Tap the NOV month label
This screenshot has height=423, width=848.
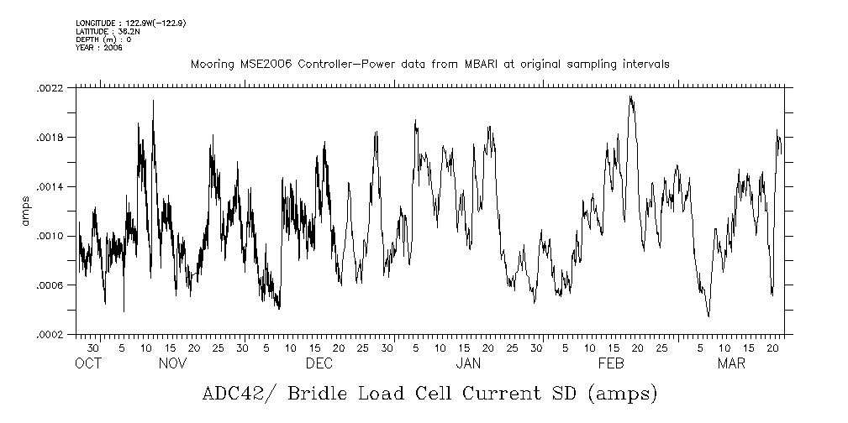[x=172, y=363]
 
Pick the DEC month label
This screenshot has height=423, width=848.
[x=319, y=363]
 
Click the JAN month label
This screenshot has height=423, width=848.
[x=468, y=363]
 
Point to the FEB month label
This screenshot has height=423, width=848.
[x=611, y=363]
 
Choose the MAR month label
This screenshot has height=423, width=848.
[x=730, y=363]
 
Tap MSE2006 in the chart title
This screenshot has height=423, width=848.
[x=257, y=65]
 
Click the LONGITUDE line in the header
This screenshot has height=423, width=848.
[x=130, y=23]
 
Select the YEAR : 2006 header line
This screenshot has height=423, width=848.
[x=99, y=48]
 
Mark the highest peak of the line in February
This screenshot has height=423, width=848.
[x=630, y=97]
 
